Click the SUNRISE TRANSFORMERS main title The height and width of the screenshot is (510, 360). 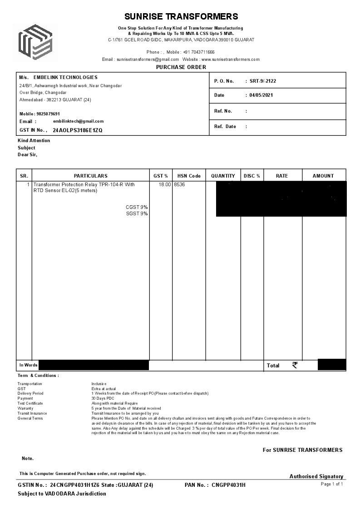pyautogui.click(x=181, y=17)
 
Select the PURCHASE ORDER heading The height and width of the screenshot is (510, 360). pyautogui.click(x=181, y=67)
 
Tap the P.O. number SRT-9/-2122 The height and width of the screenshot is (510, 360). pyautogui.click(x=263, y=81)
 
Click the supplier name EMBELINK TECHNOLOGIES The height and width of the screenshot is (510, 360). pyautogui.click(x=65, y=78)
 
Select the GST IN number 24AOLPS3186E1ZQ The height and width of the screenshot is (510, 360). pyautogui.click(x=78, y=130)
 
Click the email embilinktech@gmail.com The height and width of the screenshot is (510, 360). pyautogui.click(x=78, y=121)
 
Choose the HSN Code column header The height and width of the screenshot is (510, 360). pyautogui.click(x=189, y=176)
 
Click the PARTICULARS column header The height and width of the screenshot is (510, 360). pyautogui.click(x=91, y=176)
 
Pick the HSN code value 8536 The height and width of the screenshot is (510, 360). pyautogui.click(x=179, y=185)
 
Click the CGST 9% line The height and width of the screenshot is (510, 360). pyautogui.click(x=137, y=208)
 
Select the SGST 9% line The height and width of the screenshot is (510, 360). pyautogui.click(x=137, y=214)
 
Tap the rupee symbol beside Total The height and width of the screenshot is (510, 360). pyautogui.click(x=295, y=365)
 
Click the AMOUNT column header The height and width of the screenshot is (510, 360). pyautogui.click(x=323, y=176)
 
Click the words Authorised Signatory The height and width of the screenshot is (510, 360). pyautogui.click(x=316, y=476)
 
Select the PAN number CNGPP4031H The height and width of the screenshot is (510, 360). pyautogui.click(x=228, y=485)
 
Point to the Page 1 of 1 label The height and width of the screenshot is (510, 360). pyautogui.click(x=332, y=484)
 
